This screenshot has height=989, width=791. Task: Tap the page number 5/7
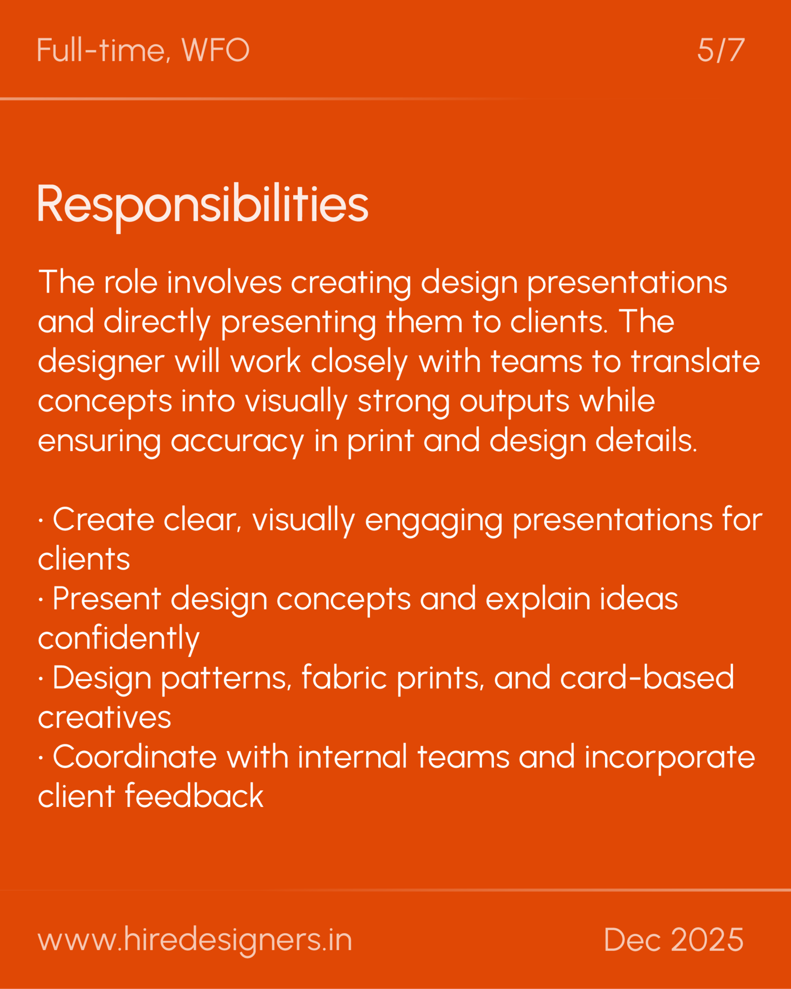[x=720, y=50]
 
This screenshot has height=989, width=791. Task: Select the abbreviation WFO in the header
[x=215, y=50]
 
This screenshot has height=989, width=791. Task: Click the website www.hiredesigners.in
[x=195, y=940]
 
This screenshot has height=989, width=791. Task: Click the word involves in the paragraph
[x=224, y=282]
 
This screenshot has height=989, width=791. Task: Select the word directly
[x=157, y=322]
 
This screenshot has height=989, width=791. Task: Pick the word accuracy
[x=237, y=441]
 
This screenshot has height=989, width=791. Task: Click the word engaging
[x=434, y=520]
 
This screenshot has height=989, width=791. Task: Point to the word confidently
[x=119, y=638]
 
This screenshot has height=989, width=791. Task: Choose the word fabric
[x=344, y=677]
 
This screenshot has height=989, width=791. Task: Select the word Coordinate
[x=134, y=757]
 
